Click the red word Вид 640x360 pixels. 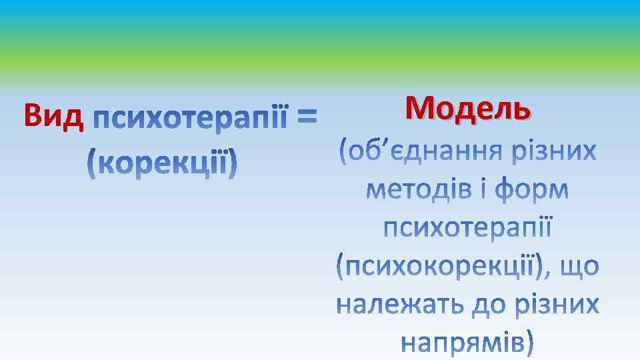click(x=53, y=116)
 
